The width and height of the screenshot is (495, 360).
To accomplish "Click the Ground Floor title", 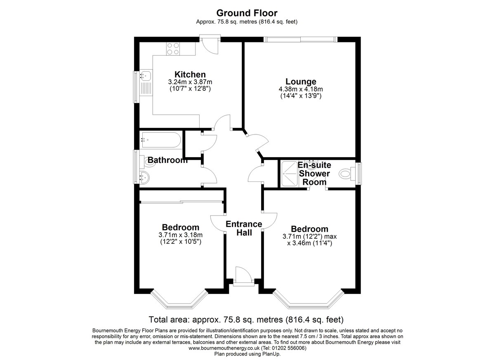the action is click(247, 13).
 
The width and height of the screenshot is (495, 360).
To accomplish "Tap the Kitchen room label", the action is click(190, 74).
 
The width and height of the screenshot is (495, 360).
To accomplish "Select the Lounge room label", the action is click(301, 82).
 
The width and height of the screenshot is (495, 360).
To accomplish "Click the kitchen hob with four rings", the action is click(173, 49).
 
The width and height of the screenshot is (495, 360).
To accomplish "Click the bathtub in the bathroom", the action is click(162, 140).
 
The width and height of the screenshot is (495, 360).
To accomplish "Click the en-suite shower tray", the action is click(290, 173).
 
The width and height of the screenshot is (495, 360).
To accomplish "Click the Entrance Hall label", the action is click(244, 228).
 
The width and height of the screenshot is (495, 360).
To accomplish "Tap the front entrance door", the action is click(243, 277).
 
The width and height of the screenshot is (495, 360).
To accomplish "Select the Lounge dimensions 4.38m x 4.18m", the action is click(301, 89).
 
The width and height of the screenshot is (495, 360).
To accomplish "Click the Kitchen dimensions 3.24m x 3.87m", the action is click(190, 82).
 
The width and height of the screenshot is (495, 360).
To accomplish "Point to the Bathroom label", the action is click(167, 160).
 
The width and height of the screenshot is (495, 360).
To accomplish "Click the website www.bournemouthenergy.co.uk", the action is click(224, 348).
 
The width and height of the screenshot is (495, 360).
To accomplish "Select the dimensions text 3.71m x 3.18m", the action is click(181, 235).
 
